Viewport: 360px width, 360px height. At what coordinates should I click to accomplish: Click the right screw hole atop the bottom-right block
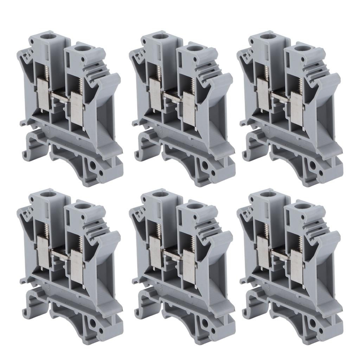click(x=299, y=208)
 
